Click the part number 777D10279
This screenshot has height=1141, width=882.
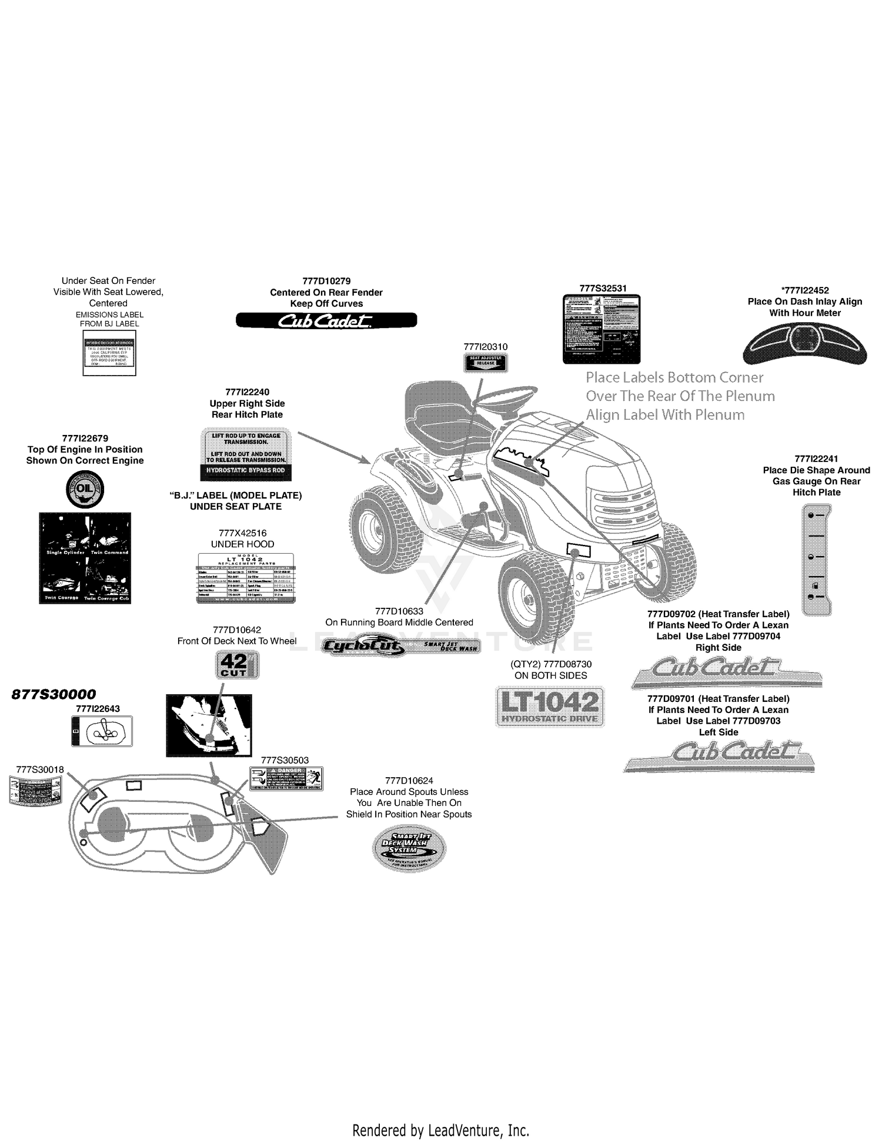pos(326,281)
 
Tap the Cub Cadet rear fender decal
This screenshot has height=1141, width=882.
pos(326,320)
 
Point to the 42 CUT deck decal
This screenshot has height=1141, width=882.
pos(236,665)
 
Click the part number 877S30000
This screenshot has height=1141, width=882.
pos(54,694)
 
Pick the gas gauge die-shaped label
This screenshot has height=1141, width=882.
pos(817,560)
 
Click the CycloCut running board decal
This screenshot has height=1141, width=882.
pos(402,647)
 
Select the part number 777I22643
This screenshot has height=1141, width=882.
pos(98,709)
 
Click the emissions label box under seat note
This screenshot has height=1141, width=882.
pos(109,353)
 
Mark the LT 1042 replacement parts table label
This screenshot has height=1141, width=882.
pos(245,578)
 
